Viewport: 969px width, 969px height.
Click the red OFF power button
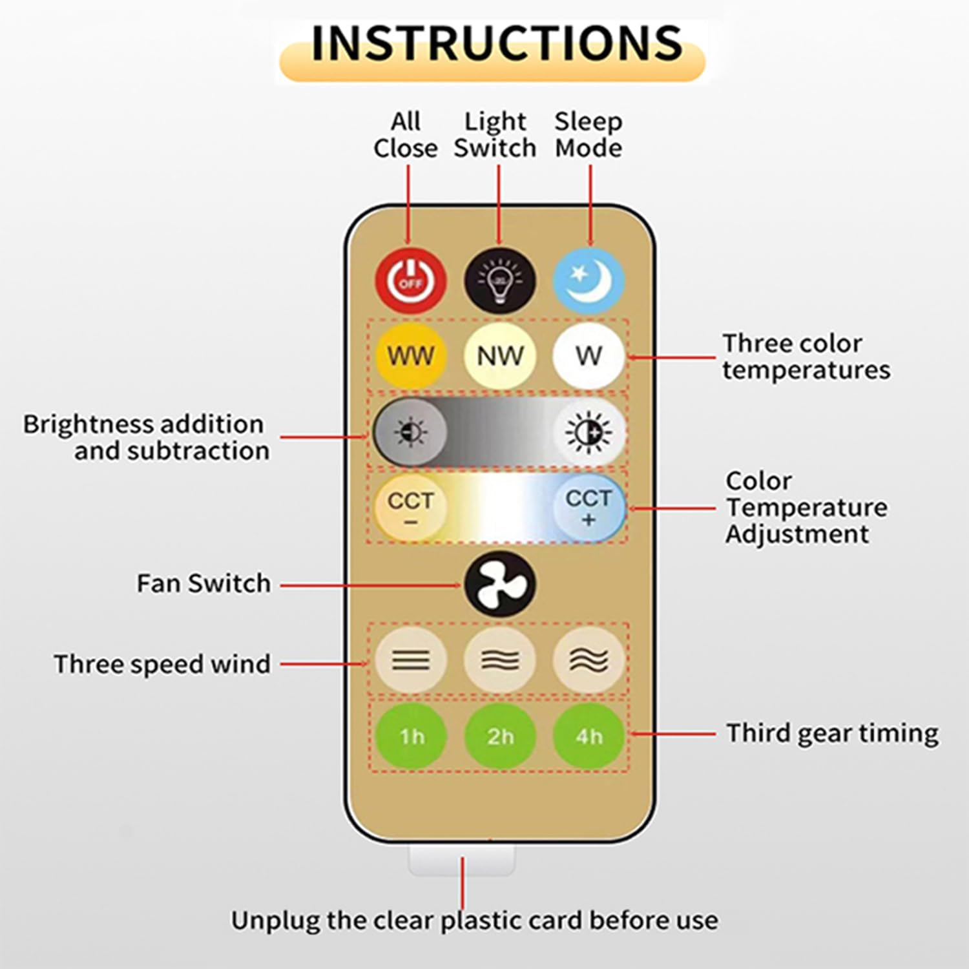click(411, 281)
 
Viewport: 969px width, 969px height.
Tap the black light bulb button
click(499, 281)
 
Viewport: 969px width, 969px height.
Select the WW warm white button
click(411, 355)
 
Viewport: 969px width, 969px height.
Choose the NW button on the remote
click(499, 355)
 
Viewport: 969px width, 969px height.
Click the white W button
click(589, 355)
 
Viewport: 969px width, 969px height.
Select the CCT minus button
click(411, 507)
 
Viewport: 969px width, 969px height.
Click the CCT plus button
click(589, 507)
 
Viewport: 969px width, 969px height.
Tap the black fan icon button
click(499, 584)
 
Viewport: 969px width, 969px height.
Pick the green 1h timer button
click(411, 736)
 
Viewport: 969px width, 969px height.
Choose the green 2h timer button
click(499, 736)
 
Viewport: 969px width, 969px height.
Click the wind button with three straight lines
click(411, 660)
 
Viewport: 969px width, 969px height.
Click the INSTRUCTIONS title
click(496, 44)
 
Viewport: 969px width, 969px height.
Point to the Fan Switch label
click(203, 583)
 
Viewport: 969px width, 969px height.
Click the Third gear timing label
click(832, 733)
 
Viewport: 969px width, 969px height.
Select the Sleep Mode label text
click(588, 134)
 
